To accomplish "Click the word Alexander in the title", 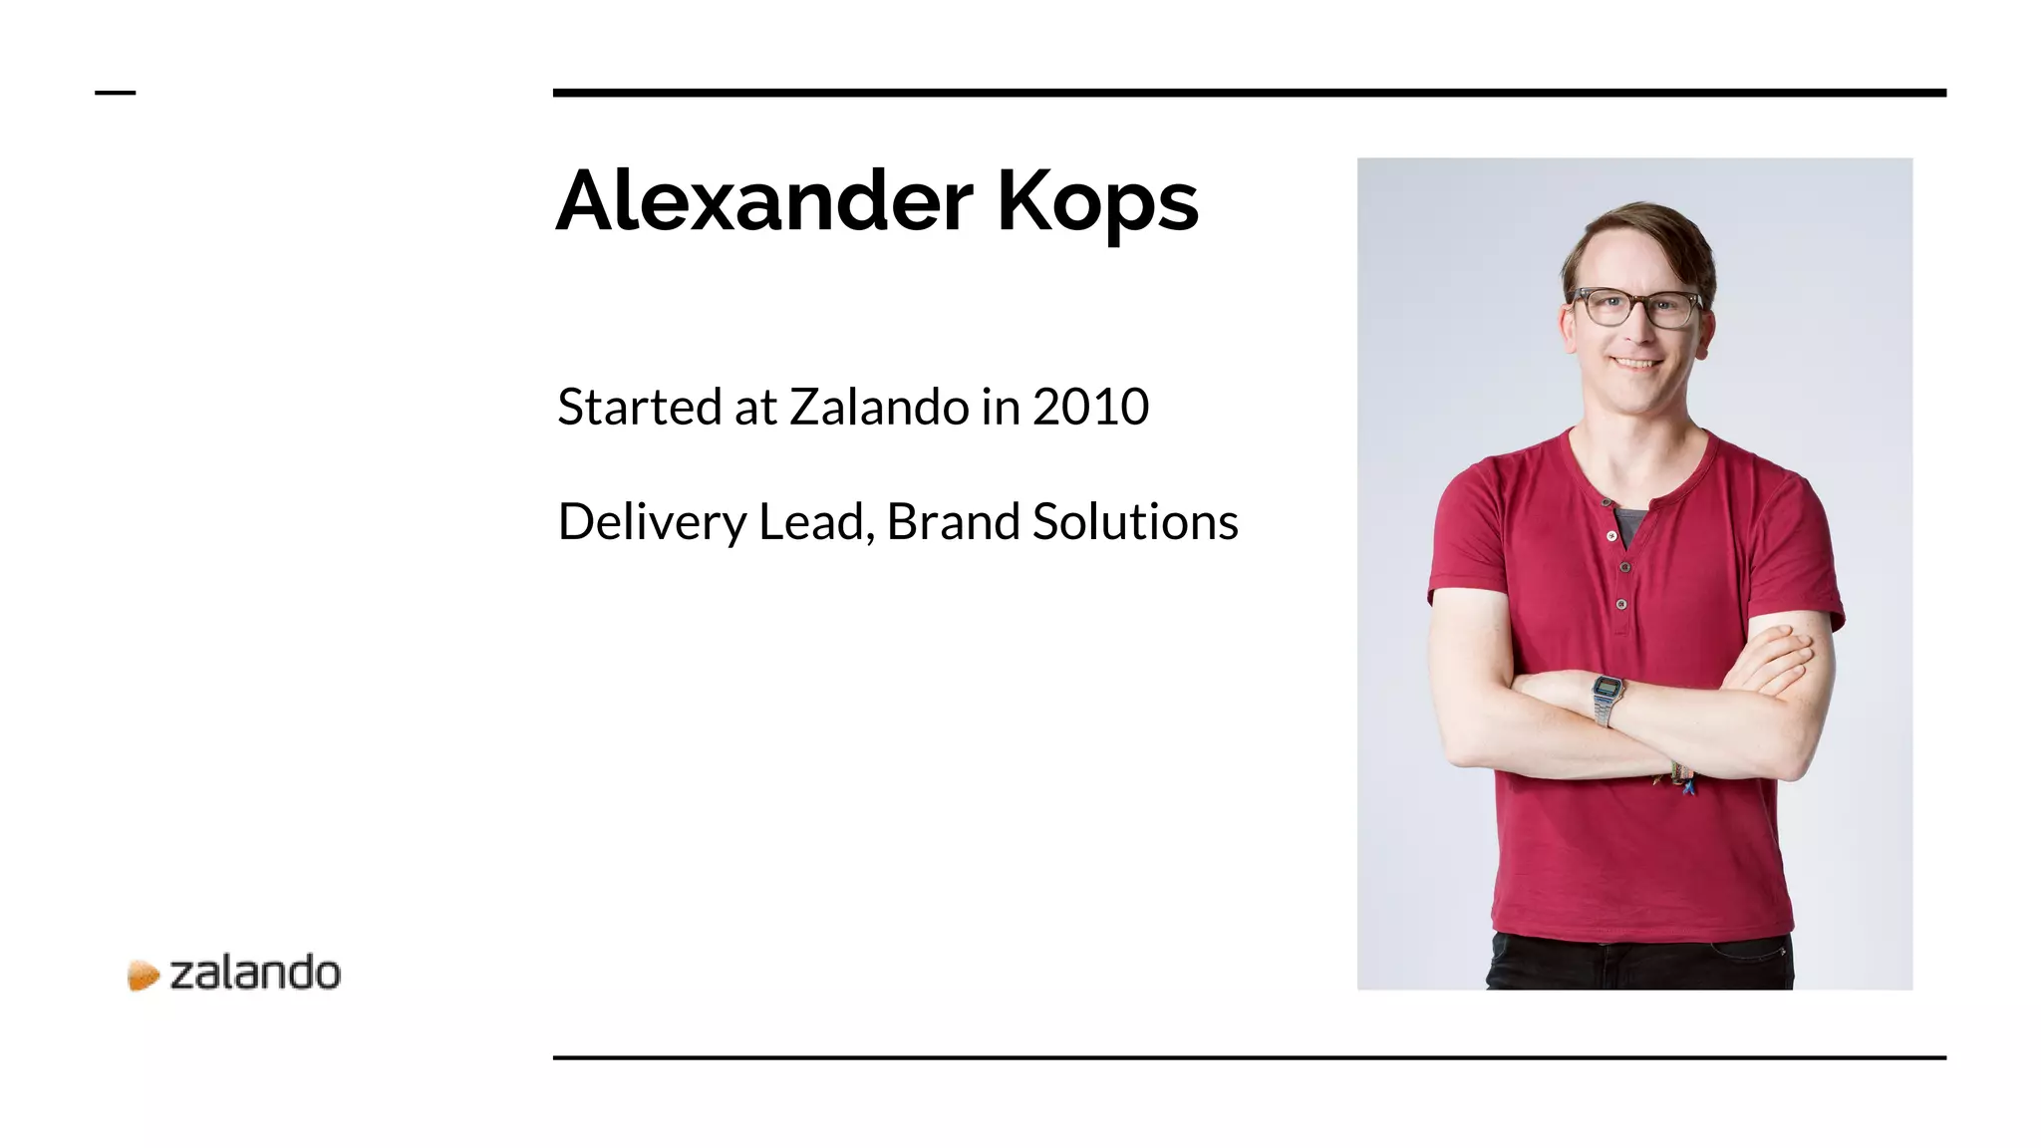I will coord(763,201).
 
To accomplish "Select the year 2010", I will coord(1090,407).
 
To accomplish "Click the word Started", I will coord(639,407).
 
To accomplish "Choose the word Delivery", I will coord(652,522).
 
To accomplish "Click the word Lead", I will coord(815,522).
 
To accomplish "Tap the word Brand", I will coord(953,522).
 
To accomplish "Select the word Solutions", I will coord(1135,522).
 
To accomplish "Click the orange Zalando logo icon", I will coord(144,975).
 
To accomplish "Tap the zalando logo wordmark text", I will coord(255,974).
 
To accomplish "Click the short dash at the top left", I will coord(115,93).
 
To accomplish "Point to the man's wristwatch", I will coord(1605,698).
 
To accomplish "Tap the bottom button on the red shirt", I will coord(1621,604).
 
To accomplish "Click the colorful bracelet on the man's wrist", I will coord(1679,778).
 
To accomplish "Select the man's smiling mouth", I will coord(1637,363).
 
